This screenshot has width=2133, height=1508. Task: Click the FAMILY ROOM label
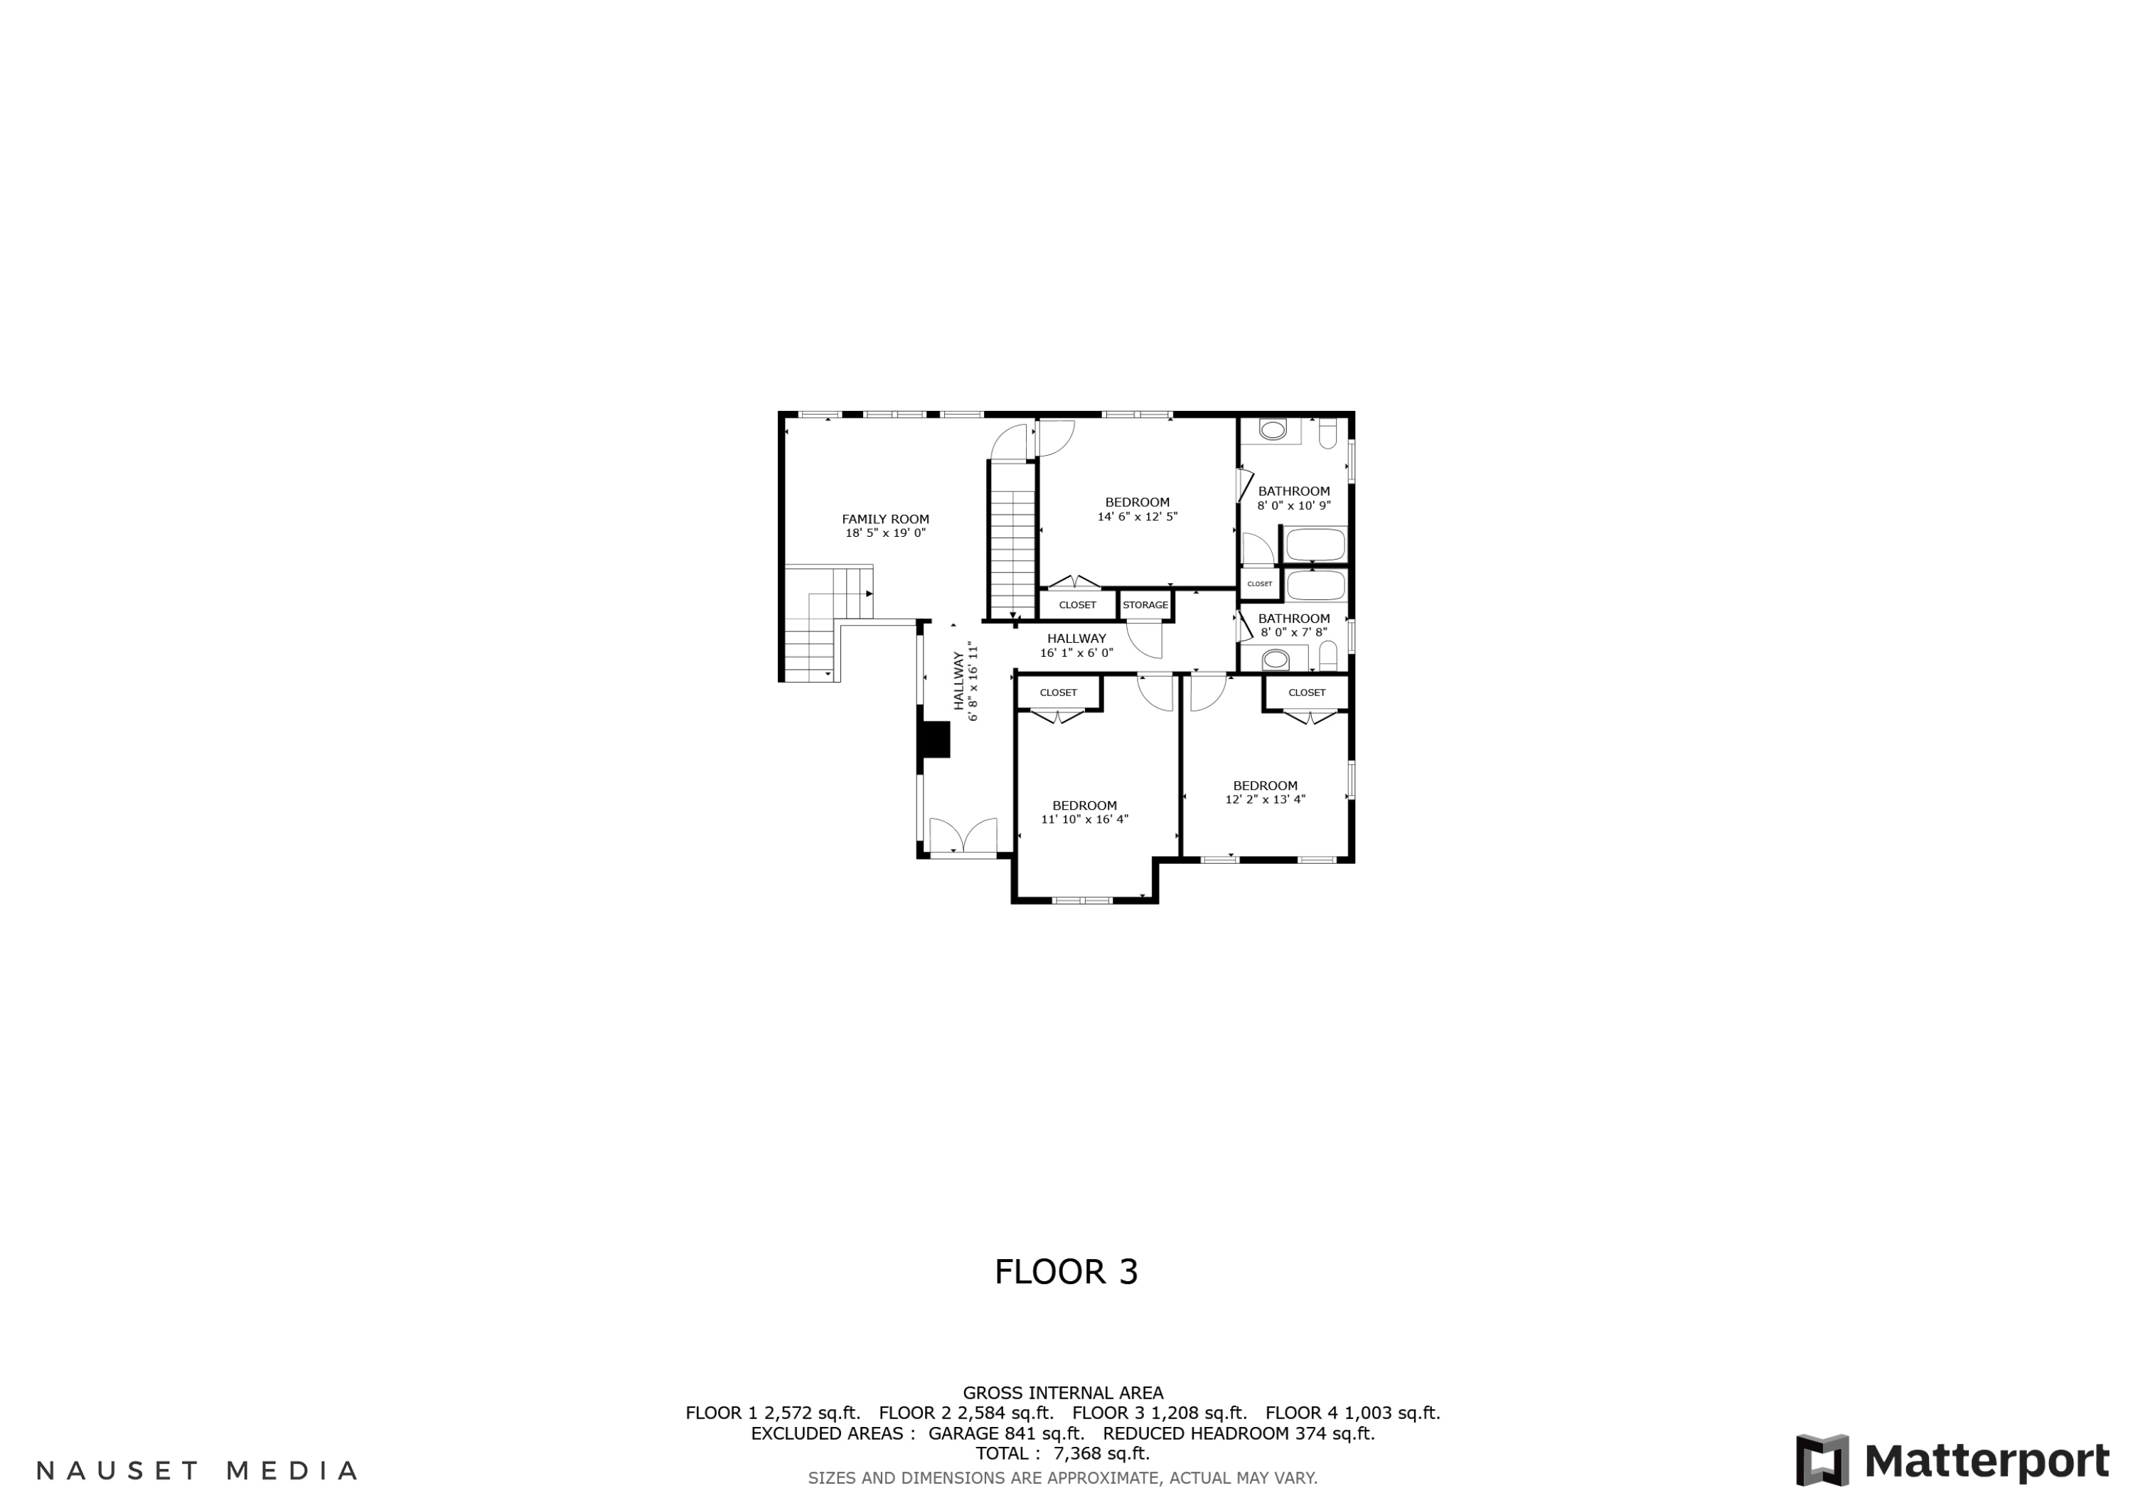coord(884,520)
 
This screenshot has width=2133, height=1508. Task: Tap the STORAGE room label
coord(1145,605)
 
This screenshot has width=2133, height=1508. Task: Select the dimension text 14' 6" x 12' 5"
coord(1137,517)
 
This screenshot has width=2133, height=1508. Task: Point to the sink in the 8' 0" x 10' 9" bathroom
coord(1272,430)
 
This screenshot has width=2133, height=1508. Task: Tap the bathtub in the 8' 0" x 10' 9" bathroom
coord(1315,545)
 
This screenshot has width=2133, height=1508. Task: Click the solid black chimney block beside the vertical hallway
coord(934,741)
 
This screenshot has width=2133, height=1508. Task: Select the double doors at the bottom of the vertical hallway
coord(963,835)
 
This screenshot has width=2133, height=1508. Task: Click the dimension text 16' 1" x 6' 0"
coord(1076,653)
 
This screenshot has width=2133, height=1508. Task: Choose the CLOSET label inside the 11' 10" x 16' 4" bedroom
coord(1058,692)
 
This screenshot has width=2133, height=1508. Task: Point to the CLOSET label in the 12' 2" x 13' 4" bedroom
coord(1306,692)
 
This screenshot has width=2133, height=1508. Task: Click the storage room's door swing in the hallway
coord(1145,639)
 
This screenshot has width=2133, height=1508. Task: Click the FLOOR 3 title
coord(1066,1272)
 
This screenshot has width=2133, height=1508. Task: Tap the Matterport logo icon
coord(1822,1460)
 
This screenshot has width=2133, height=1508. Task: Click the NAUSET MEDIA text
coord(196,1471)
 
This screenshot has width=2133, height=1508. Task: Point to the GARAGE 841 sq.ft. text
coord(1006,1433)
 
